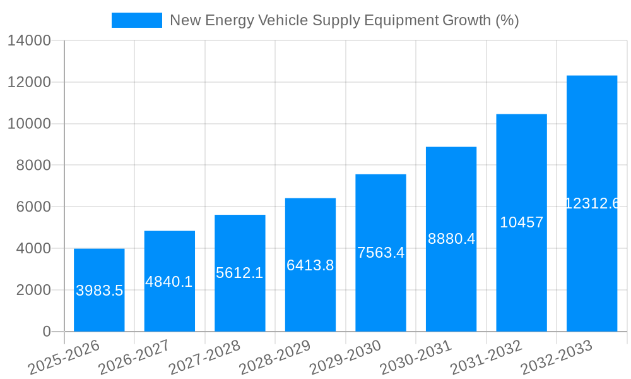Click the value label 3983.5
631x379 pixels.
pyautogui.click(x=99, y=291)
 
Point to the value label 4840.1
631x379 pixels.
pyautogui.click(x=169, y=282)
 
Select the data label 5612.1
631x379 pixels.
pyautogui.click(x=240, y=273)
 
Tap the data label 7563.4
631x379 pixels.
pyautogui.click(x=380, y=253)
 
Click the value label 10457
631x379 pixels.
pyautogui.click(x=521, y=222)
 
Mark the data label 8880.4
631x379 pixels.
pyautogui.click(x=451, y=239)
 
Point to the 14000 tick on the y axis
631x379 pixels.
pyautogui.click(x=29, y=41)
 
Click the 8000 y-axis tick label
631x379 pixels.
pyautogui.click(x=33, y=165)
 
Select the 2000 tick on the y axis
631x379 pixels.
pyautogui.click(x=33, y=290)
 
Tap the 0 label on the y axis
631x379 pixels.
pyautogui.click(x=47, y=332)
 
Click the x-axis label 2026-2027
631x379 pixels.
pyautogui.click(x=136, y=358)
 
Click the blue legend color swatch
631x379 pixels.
pyautogui.click(x=137, y=20)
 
